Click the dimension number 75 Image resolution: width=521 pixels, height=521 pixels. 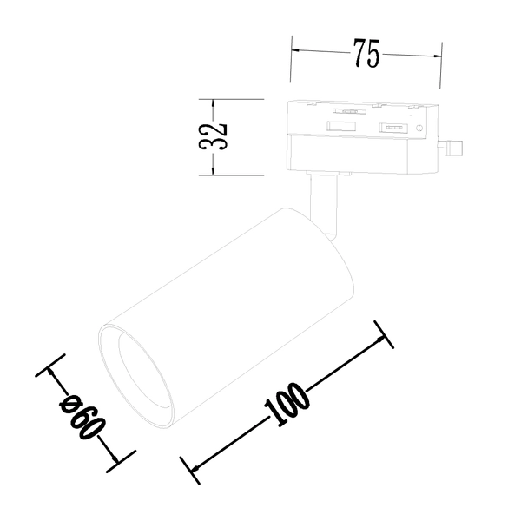pyautogui.click(x=366, y=54)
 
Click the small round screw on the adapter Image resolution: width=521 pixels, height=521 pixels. pyautogui.click(x=421, y=129)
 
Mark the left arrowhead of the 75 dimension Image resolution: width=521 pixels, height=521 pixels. pyautogui.click(x=295, y=50)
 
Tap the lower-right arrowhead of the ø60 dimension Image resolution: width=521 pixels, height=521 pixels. pyautogui.click(x=113, y=458)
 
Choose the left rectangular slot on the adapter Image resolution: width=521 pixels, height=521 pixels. pyautogui.click(x=340, y=127)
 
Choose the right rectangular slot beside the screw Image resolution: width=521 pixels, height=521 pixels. pyautogui.click(x=394, y=129)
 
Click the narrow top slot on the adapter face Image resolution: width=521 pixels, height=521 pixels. pyautogui.click(x=349, y=112)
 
